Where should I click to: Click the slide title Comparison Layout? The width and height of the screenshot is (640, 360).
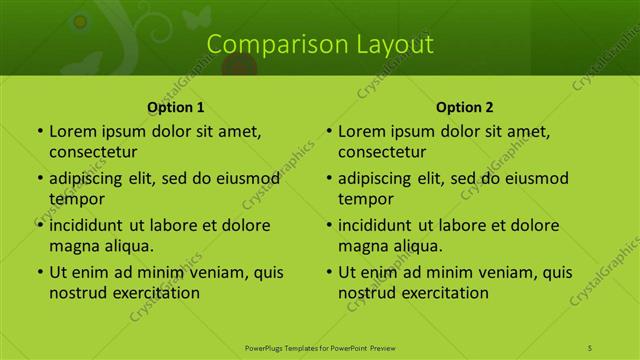(320, 44)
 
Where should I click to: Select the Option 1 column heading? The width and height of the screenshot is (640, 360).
(176, 107)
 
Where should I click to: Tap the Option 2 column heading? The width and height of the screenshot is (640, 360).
(465, 107)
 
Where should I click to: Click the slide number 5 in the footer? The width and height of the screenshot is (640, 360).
(590, 347)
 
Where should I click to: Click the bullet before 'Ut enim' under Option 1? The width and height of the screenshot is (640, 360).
(39, 272)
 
